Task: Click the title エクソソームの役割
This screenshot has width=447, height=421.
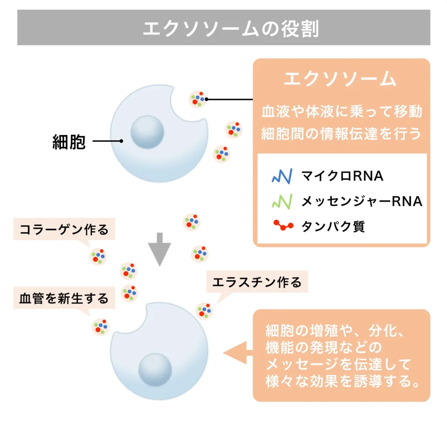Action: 230,28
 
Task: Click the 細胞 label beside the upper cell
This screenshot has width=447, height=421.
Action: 69,141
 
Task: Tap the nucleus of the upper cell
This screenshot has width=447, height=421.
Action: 147,132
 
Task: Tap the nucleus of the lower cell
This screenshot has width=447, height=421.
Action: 155,370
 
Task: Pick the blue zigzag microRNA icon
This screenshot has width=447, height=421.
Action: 282,176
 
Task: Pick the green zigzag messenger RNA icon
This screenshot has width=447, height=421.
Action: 282,202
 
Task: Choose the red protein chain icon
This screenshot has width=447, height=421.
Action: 283,225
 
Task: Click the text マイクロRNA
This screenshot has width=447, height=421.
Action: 342,176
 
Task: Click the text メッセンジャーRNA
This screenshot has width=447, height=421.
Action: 362,201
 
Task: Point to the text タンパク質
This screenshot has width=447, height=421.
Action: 333,226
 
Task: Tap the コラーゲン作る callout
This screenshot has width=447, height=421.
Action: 64,229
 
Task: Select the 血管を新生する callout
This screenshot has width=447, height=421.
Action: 64,298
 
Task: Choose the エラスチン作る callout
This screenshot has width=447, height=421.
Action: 257,282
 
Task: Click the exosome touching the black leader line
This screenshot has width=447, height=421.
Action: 198,99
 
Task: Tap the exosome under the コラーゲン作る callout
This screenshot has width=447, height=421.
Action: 98,257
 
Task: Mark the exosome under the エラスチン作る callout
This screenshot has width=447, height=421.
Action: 204,311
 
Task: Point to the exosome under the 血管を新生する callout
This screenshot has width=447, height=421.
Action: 101,327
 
